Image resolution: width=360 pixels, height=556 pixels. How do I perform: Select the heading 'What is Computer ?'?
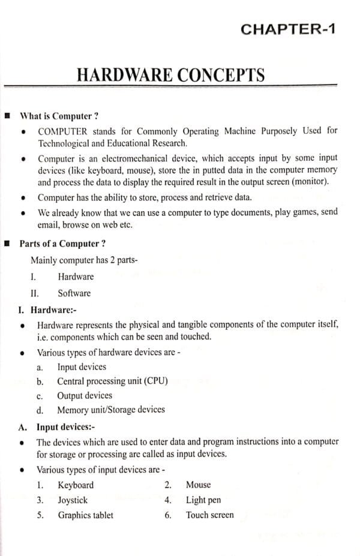click(x=59, y=116)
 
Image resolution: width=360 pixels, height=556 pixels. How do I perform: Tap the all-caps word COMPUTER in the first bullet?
click(x=64, y=130)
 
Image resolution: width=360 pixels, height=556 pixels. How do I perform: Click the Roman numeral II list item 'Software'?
click(x=74, y=293)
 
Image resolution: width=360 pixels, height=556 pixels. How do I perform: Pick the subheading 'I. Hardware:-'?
click(x=48, y=309)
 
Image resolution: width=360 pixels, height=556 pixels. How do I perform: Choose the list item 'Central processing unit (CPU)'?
click(x=112, y=381)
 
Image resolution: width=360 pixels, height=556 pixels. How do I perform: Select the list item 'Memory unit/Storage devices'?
click(x=110, y=410)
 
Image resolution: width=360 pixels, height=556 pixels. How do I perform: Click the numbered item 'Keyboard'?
click(x=76, y=485)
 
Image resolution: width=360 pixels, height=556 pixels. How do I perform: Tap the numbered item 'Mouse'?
click(x=198, y=485)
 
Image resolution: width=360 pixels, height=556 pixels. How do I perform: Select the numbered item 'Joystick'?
click(x=73, y=500)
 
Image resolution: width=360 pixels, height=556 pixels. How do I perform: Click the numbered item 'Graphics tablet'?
click(x=85, y=515)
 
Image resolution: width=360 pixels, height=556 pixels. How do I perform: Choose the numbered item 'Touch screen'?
click(x=209, y=515)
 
